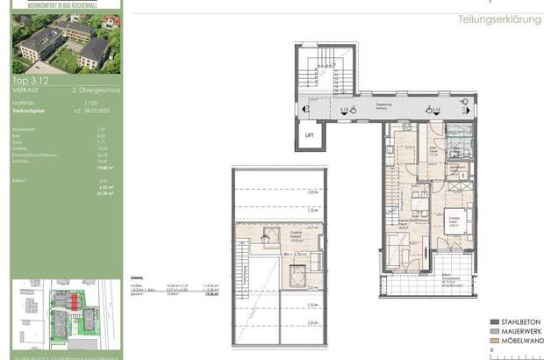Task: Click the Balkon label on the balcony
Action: click(x=447, y=275)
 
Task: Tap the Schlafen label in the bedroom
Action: click(x=455, y=217)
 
